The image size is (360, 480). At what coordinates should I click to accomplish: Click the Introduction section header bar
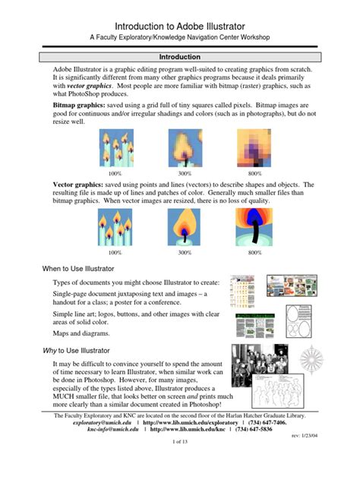[179, 57]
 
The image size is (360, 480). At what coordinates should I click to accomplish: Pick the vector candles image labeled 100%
[115, 227]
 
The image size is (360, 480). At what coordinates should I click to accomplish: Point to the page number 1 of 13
[179, 463]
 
